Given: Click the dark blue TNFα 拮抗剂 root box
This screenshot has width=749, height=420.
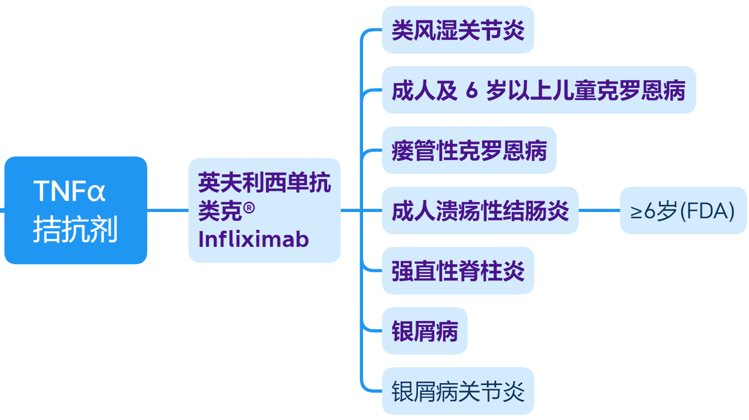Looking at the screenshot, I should (x=75, y=210).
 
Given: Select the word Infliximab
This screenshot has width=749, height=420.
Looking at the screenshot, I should (x=253, y=239).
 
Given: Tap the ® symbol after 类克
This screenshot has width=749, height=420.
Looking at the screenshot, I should (x=249, y=208).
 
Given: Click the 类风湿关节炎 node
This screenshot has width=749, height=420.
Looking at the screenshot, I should (x=458, y=30).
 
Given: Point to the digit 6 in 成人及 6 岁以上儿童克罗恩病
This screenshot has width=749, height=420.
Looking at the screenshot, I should (x=472, y=91).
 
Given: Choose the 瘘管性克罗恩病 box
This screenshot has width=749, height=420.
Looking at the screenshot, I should (x=469, y=150).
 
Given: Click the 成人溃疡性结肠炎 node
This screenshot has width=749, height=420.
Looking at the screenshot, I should (x=480, y=211).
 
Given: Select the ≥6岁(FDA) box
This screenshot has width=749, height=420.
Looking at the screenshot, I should (x=682, y=211).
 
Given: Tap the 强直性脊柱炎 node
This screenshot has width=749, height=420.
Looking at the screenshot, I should (x=458, y=270).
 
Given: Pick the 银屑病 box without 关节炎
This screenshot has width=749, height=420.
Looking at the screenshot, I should (x=425, y=331).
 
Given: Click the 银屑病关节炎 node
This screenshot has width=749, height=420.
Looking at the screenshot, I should (x=458, y=391).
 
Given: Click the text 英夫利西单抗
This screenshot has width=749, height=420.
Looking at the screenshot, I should (x=264, y=182).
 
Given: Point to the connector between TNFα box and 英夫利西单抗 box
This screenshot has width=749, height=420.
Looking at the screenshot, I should (x=168, y=210).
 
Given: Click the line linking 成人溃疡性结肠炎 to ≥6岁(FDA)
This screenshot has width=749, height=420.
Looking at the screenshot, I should (x=599, y=210).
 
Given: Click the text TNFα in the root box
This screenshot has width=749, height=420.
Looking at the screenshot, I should (x=69, y=191).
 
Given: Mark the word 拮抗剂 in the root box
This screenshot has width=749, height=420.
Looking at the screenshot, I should (x=75, y=229).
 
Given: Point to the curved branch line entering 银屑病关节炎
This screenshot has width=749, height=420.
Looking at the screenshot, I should (x=367, y=389).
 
